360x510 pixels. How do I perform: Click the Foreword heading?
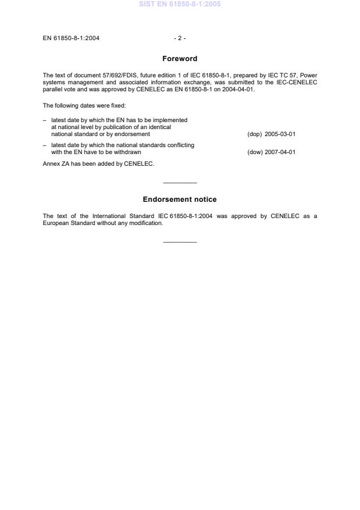coord(180,59)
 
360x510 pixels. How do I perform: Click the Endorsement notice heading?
coord(180,199)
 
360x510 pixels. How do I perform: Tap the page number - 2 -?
coord(180,38)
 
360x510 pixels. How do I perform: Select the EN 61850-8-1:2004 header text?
coord(71,38)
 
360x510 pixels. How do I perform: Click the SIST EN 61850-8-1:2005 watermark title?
coord(180,5)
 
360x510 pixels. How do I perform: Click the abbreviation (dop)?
coord(254,134)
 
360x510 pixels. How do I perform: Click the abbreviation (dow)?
coord(254,152)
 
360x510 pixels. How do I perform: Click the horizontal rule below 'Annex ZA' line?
coord(180,183)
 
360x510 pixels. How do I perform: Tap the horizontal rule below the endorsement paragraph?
coord(180,242)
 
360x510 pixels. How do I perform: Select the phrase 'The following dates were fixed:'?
coord(79,106)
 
